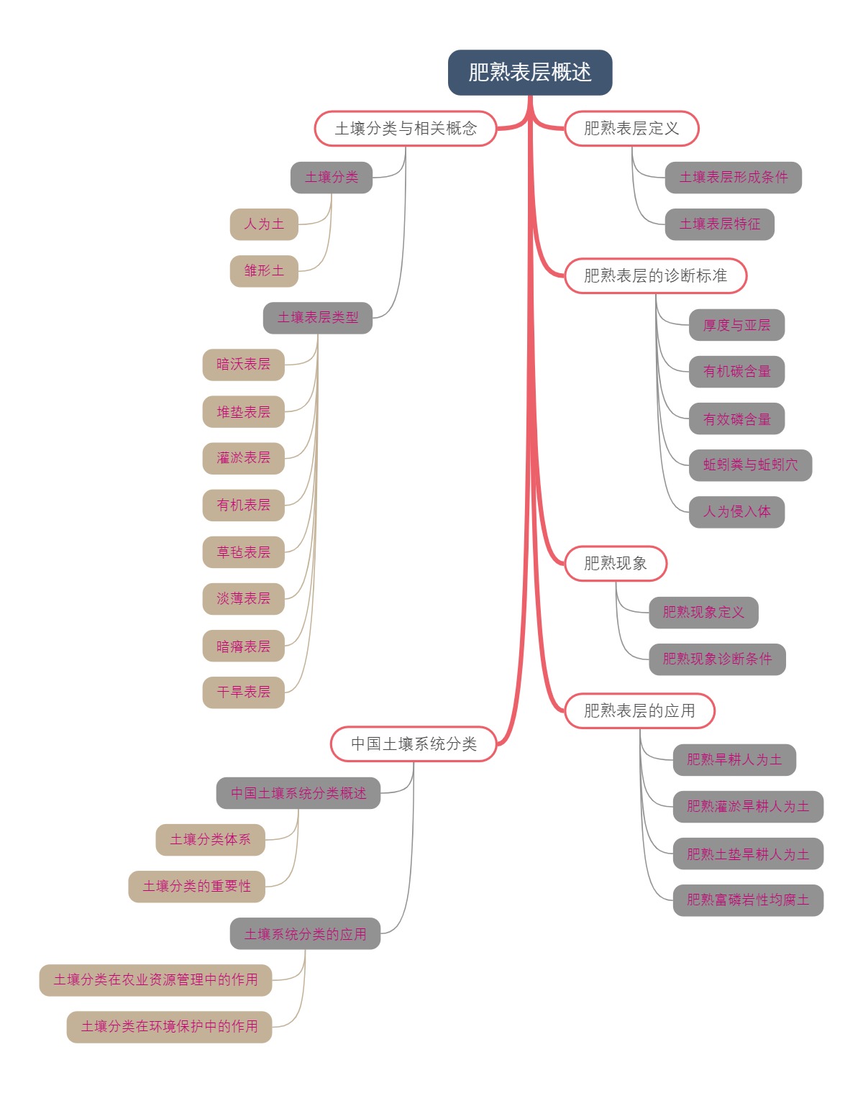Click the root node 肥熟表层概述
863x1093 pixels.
[x=530, y=72]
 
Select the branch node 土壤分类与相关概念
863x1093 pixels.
[x=406, y=129]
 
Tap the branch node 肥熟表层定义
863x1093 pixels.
[x=631, y=129]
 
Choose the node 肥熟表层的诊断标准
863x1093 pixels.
[x=655, y=275]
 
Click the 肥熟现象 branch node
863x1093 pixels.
[x=616, y=563]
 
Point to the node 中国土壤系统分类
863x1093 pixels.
[x=414, y=744]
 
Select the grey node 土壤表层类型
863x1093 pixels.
[x=318, y=318]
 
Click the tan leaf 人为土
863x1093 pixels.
[x=264, y=224]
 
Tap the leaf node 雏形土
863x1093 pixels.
[x=264, y=271]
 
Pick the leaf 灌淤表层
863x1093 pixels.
[x=244, y=458]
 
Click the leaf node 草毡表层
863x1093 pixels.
[x=244, y=552]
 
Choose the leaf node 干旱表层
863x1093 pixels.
[x=244, y=692]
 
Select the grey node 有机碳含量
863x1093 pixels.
[x=736, y=372]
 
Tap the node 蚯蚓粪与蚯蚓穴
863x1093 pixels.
[x=750, y=465]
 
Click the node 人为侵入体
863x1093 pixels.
[x=736, y=512]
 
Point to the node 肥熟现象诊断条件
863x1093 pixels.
[x=717, y=659]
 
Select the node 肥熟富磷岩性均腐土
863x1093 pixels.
[x=748, y=900]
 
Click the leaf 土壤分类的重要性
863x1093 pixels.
[x=197, y=887]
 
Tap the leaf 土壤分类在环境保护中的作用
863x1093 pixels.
[x=170, y=1027]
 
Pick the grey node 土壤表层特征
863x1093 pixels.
[x=719, y=224]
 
